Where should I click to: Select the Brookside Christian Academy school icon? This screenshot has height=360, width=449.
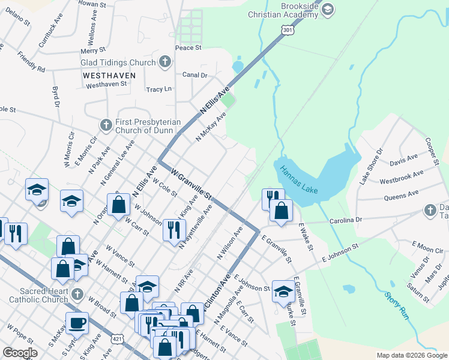328,9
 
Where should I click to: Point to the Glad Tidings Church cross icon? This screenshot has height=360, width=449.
164,62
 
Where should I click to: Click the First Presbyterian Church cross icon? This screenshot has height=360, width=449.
106,125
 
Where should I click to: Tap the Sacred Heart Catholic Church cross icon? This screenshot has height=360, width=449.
77,294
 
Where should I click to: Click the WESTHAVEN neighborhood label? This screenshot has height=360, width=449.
109,76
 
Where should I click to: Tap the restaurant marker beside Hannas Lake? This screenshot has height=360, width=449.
272,198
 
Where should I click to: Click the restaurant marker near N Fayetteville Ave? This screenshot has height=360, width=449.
173,229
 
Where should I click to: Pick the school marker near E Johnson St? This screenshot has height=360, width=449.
283,291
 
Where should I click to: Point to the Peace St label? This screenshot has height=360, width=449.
188,47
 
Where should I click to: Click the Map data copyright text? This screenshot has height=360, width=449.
411,355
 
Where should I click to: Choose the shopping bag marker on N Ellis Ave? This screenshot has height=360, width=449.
119,204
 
